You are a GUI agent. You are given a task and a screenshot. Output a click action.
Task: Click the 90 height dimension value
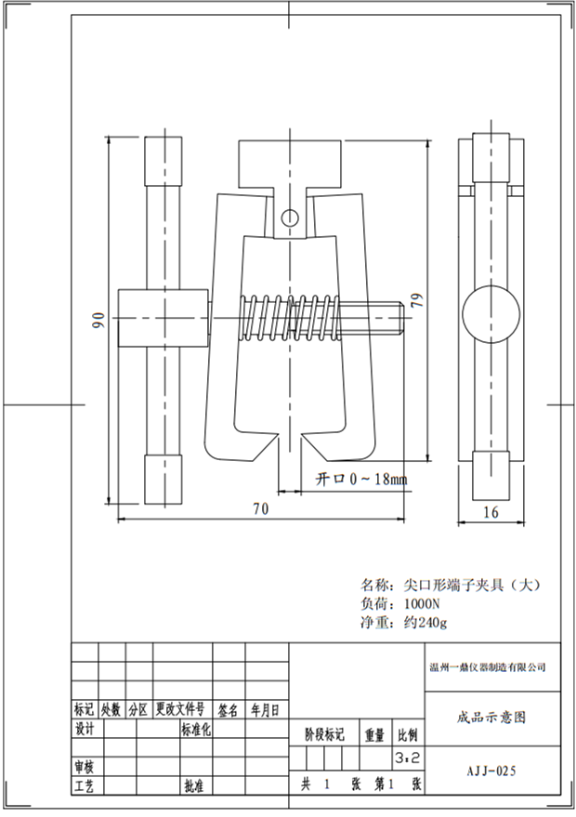tap(98, 320)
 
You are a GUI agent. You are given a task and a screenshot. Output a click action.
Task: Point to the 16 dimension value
tap(491, 511)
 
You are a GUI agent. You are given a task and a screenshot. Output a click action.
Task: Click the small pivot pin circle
tap(290, 218)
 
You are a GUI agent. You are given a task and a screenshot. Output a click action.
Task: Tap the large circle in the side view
tap(492, 318)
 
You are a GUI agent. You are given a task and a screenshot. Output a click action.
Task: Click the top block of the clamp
tap(293, 166)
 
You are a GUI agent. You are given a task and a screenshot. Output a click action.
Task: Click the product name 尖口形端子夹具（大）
tap(470, 585)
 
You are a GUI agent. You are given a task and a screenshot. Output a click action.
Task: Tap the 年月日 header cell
tap(264, 709)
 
